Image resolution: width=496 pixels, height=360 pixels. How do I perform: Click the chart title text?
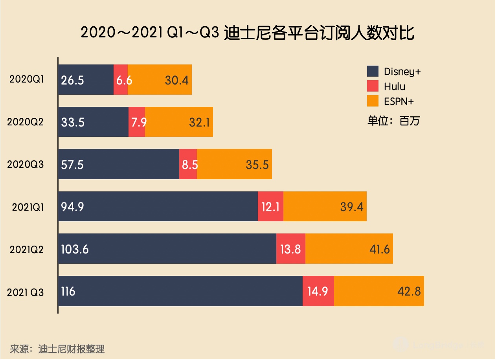coord(247,33)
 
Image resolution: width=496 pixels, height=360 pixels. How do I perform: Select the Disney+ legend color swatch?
coord(373,72)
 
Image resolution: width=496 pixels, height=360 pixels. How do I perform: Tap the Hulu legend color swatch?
coord(373,86)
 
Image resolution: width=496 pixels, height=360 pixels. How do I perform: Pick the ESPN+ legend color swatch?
coord(373,101)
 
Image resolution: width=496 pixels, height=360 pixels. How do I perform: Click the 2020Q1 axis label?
coord(26,79)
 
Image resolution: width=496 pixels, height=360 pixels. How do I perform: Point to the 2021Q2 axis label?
coord(26,249)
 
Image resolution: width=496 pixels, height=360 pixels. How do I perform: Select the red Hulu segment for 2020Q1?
coord(121,79)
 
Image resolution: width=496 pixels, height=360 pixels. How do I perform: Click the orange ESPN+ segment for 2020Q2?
coord(179,122)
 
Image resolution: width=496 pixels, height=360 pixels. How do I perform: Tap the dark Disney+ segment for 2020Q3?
coord(119,164)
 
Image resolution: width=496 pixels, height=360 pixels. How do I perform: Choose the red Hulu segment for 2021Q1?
coord(270,206)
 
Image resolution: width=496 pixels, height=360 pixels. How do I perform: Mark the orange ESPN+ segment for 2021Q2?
coord(349,249)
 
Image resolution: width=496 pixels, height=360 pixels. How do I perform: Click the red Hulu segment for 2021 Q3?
coord(318,291)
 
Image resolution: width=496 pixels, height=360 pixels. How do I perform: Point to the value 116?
coord(68,291)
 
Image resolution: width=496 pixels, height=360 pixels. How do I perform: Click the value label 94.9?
coord(72,206)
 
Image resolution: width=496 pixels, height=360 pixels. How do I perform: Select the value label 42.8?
coord(409,291)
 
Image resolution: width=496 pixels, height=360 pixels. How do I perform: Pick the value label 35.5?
coord(257,164)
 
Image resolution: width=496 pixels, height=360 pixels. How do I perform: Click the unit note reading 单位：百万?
coord(393,121)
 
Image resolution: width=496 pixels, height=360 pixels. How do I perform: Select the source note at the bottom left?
coord(57,349)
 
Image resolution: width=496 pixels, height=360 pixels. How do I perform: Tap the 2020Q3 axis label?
coord(26,164)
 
